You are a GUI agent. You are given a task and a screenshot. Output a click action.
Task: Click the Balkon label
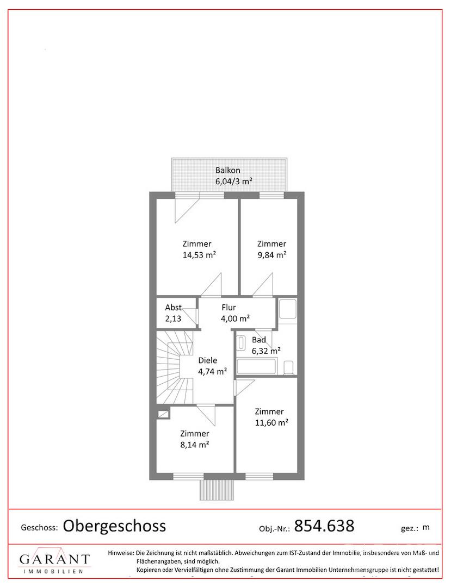(228, 170)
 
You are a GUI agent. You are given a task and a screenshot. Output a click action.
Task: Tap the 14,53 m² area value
(199, 255)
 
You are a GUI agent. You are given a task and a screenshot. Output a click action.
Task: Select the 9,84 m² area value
(271, 255)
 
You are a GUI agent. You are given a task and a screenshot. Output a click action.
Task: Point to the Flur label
(228, 307)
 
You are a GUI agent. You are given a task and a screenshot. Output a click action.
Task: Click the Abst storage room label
(174, 307)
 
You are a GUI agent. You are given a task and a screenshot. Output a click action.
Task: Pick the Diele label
(207, 360)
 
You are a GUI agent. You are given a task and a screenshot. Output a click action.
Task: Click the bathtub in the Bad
(257, 366)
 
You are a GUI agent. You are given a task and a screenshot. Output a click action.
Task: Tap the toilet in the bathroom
(288, 367)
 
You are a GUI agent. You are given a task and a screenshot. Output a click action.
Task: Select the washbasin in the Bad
(241, 343)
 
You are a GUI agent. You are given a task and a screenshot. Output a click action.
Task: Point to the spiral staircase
(175, 367)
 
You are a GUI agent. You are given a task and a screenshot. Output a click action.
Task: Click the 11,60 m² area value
(271, 423)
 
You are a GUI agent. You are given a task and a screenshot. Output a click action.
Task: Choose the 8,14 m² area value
(194, 445)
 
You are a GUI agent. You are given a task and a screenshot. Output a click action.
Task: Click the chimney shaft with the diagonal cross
(163, 414)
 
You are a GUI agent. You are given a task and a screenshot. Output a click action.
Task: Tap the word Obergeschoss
(114, 526)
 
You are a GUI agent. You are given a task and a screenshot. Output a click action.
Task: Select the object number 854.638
(324, 526)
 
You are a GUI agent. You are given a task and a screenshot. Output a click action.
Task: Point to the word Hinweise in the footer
(121, 553)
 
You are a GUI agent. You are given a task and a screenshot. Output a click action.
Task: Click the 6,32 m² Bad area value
(267, 351)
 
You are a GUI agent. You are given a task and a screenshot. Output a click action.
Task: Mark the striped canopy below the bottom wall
(218, 490)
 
